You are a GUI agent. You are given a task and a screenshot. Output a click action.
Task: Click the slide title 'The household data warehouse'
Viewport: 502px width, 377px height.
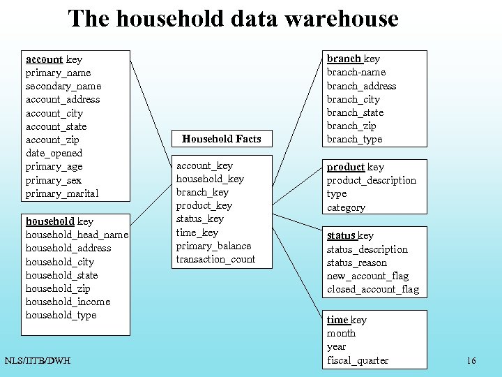pos(233,19)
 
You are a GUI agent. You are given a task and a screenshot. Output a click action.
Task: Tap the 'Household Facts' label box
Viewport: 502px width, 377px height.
pos(221,139)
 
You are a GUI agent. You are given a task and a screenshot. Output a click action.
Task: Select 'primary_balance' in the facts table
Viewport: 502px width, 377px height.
pos(213,246)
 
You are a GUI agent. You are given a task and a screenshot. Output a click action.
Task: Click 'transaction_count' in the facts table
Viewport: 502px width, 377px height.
pos(215,259)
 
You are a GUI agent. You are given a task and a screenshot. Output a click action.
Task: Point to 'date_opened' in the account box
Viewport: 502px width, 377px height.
pos(54,153)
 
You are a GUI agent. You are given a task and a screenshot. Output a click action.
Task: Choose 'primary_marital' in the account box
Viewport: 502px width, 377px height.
pos(62,193)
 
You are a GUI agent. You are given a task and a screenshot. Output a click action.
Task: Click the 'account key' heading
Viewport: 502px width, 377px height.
pos(54,59)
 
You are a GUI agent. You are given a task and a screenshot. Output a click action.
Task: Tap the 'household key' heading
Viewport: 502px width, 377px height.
pos(59,221)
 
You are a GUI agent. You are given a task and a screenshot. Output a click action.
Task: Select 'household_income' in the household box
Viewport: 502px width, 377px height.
pos(68,302)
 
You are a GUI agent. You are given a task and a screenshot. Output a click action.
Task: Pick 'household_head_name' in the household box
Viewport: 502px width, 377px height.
pos(77,235)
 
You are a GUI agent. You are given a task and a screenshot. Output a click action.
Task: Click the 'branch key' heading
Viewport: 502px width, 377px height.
pos(353,59)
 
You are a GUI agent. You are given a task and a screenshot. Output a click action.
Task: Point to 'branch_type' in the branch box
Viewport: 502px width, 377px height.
pos(354,139)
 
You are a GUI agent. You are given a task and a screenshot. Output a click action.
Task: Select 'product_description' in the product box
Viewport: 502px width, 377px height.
pos(371,180)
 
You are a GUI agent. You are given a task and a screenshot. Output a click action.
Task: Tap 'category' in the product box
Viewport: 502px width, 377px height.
pos(346,207)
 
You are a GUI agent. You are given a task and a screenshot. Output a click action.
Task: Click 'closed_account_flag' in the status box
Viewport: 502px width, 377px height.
pos(373,289)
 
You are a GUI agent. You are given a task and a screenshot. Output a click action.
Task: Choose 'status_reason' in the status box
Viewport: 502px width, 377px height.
pos(356,263)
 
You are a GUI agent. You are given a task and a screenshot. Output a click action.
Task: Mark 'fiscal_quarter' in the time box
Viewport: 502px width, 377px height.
pos(357,360)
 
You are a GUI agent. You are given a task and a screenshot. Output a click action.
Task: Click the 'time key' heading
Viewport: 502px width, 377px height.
pos(347,320)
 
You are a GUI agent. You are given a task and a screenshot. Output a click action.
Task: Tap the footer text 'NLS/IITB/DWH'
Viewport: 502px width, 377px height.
pos(37,360)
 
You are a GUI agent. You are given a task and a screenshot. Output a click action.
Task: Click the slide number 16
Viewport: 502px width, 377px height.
pos(471,360)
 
